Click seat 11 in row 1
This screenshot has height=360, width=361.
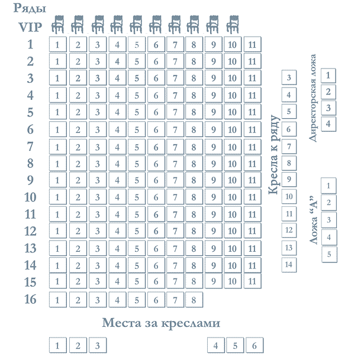(252, 44)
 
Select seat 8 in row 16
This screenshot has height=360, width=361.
(194, 300)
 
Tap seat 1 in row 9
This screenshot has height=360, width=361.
(58, 180)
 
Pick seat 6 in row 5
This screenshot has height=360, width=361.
(156, 112)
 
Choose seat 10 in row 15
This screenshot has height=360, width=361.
(233, 281)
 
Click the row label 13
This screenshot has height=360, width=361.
(30, 248)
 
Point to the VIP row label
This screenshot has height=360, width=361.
(30, 27)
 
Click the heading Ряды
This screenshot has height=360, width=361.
(30, 8)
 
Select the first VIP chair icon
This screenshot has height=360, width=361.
(57, 24)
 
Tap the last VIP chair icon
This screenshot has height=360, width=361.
(233, 24)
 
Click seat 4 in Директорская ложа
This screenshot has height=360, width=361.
(328, 124)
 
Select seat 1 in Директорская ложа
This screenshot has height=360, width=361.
(328, 76)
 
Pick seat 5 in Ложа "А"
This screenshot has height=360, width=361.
(329, 254)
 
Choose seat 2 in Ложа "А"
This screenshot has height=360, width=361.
(329, 202)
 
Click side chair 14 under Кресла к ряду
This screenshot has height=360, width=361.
(289, 265)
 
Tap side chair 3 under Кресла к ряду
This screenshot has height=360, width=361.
(289, 77)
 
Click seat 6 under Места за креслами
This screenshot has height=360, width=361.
(254, 345)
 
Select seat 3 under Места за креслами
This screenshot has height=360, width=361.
(98, 345)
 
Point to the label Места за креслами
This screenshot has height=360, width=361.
(161, 323)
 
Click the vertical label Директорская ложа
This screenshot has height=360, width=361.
(312, 98)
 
